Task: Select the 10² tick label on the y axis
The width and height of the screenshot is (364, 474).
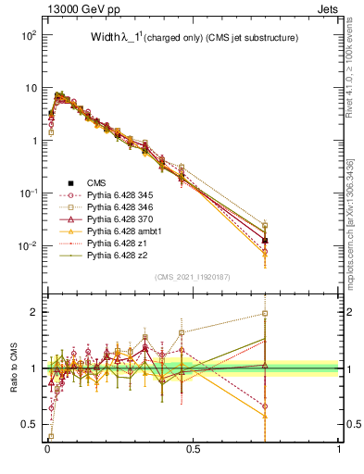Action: (x=28, y=34)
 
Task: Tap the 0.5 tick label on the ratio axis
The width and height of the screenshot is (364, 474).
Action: (x=31, y=425)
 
